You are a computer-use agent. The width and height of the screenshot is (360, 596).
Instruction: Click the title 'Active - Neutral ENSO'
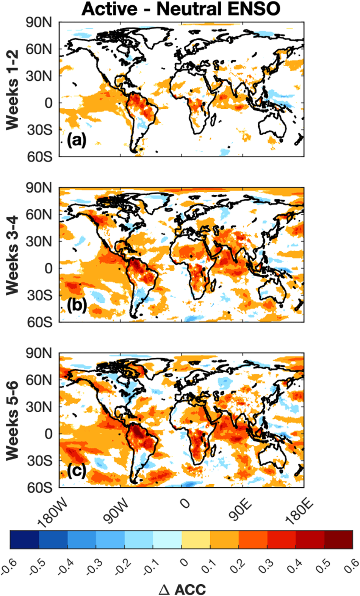[181, 9]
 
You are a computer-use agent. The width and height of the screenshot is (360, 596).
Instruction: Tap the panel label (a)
[77, 141]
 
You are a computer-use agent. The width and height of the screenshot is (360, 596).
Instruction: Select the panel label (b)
[77, 305]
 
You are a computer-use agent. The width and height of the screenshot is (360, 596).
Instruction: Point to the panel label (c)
[77, 471]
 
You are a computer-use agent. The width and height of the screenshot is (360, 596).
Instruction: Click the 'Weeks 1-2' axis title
[13, 89]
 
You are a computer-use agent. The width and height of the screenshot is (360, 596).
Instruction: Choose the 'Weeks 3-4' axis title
[13, 255]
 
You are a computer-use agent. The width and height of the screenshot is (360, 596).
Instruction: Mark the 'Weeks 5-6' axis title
[13, 421]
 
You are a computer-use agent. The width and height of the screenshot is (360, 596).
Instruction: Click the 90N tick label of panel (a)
[39, 23]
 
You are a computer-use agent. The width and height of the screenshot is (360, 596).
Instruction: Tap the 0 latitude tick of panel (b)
[49, 268]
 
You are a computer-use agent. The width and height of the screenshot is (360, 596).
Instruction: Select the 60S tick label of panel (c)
[39, 488]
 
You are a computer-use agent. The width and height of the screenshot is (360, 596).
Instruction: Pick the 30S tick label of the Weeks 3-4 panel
[39, 295]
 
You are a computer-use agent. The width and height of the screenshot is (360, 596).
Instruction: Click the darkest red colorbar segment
[338, 540]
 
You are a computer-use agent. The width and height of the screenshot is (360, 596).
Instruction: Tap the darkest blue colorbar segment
[25, 540]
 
